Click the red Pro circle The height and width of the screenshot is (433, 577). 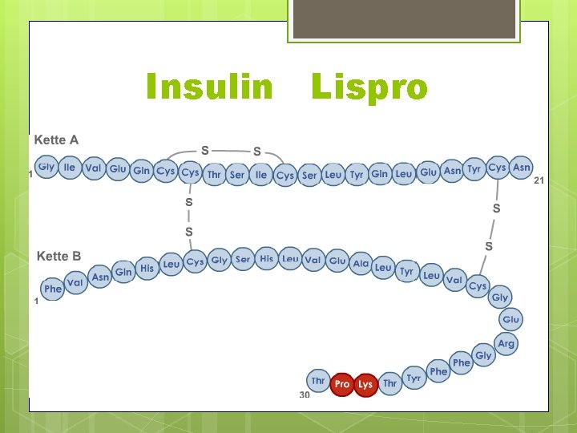click(342, 384)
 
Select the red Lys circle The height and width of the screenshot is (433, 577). click(365, 384)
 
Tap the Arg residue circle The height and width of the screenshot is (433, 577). click(506, 343)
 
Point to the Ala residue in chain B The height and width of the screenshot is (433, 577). click(361, 264)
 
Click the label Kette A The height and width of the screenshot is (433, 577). click(56, 140)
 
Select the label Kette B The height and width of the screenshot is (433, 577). click(59, 257)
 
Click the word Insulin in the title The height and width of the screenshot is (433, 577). click(209, 87)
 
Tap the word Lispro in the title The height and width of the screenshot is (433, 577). click(369, 87)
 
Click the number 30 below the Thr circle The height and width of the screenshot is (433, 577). click(305, 395)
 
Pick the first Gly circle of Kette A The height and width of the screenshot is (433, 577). click(46, 167)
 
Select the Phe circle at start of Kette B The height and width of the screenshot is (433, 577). click(53, 289)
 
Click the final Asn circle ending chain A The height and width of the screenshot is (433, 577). click(522, 167)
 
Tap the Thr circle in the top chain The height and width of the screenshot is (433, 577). click(214, 174)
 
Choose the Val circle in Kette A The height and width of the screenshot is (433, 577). click(94, 168)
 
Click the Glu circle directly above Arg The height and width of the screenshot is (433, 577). click(510, 319)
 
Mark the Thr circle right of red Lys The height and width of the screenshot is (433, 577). click(389, 384)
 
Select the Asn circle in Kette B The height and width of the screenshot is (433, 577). click(100, 277)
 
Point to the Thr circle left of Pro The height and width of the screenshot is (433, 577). click(318, 381)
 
